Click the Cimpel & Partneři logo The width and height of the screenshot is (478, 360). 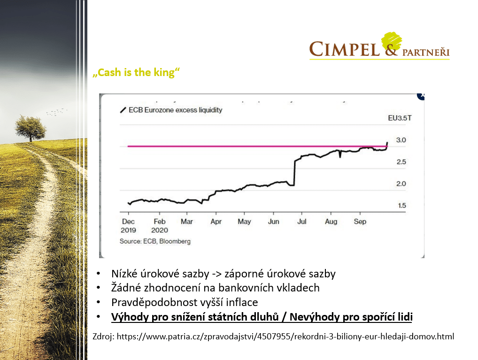pos(379,46)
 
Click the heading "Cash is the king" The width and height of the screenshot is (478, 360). pos(136,73)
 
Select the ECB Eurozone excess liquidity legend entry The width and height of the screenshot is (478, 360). pos(171,110)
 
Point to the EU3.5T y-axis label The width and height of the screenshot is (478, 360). pos(400,118)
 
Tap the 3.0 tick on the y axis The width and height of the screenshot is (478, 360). pos(401,140)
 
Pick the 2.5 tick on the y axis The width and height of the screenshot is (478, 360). pos(401,162)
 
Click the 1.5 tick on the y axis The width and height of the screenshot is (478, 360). pos(402,206)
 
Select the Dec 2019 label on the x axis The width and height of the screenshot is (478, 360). pos(128,226)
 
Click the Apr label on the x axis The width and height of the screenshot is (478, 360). pos(216,222)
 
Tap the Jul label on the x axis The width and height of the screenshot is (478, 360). pos(302,222)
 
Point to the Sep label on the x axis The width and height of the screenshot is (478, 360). pos(360,222)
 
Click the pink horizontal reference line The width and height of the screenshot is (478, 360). pos(257,146)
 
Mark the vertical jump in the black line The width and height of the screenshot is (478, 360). pos(294,173)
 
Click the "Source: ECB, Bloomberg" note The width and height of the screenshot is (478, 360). pos(155,241)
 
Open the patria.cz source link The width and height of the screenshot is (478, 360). pos(285,337)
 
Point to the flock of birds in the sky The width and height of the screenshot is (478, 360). pos(56,112)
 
